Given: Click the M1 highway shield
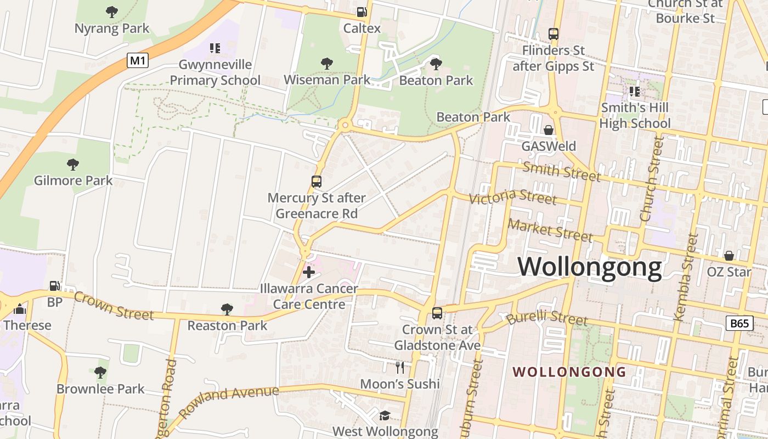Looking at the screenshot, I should point(138,60).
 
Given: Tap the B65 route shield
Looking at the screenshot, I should point(739,323).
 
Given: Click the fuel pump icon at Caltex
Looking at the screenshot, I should point(362,12).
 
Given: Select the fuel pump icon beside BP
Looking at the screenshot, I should point(54,285).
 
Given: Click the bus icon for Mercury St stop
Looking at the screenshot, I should point(317,182).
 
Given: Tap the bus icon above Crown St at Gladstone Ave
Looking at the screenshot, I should point(437,313).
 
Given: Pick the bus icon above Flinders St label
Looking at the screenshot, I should point(554,34).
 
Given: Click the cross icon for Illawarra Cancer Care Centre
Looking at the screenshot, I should point(309,272).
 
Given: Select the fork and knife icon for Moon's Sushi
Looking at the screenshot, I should point(400,367).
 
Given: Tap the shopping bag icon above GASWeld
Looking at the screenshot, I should point(548,130).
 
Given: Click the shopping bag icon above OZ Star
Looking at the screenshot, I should point(729,256).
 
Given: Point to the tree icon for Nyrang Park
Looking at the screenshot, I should point(112,12).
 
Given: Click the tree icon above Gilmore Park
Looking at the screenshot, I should point(73,164).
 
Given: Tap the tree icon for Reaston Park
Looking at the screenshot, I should point(227,309).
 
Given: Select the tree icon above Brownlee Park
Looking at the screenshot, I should point(100,373).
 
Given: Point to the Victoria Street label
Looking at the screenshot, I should point(513,196).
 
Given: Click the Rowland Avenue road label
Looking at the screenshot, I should point(229,402).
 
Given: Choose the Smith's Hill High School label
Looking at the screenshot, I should point(635,115).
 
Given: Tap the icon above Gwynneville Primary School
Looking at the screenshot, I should point(215,48).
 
